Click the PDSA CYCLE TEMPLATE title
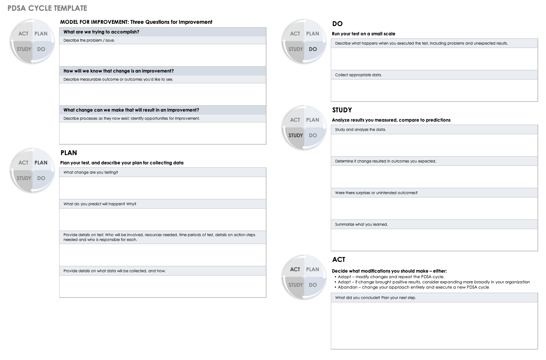point(47,8)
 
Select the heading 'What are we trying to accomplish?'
point(101,32)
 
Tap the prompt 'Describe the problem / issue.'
point(89,41)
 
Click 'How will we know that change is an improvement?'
point(119,71)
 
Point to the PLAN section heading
point(69,153)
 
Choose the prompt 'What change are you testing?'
point(91,173)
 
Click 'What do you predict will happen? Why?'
point(100,204)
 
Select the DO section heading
point(337,24)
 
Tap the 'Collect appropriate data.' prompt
point(358,75)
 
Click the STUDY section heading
point(342,110)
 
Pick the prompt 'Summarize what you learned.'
point(361,225)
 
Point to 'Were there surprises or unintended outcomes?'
point(376,193)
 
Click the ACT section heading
point(339,260)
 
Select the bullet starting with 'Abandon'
point(413,287)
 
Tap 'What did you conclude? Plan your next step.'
point(375,298)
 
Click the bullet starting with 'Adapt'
point(391,277)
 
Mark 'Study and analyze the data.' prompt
point(361,130)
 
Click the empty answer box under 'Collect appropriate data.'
point(434,90)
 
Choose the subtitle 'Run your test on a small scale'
point(364,34)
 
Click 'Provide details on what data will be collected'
point(114,271)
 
